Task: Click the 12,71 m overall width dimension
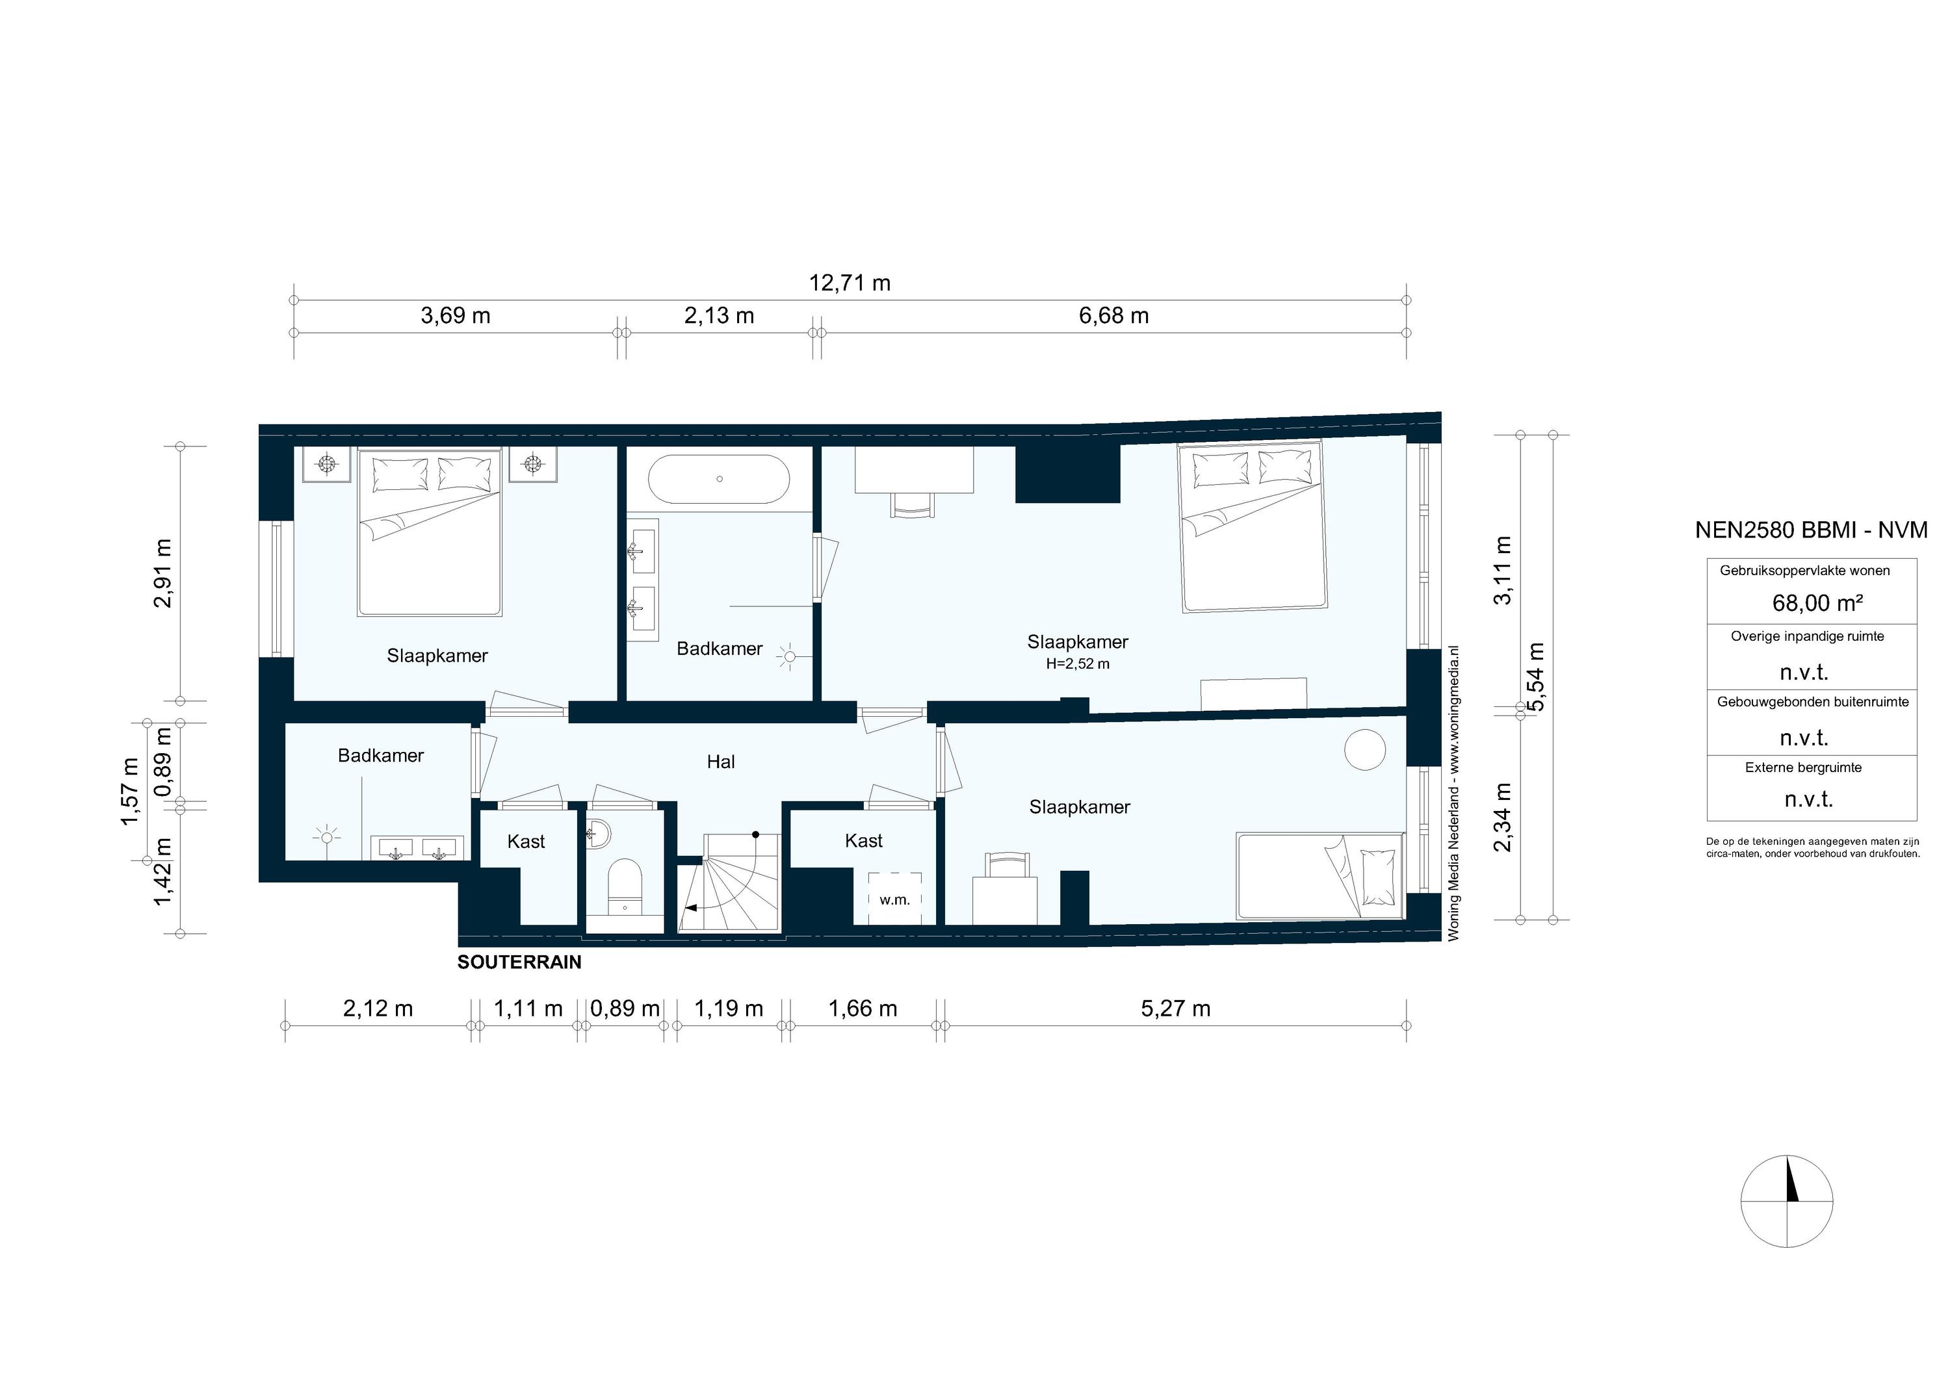850,283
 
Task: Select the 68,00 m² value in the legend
1817,603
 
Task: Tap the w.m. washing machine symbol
894,899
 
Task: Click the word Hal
720,762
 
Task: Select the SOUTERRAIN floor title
519,962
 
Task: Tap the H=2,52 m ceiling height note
1077,664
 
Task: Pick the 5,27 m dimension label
1175,1009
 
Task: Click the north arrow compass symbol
1786,1202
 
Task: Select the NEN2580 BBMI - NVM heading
1811,530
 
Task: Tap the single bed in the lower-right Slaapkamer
1319,875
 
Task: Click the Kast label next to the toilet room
526,842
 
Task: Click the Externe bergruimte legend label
1803,767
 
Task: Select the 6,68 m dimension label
1113,316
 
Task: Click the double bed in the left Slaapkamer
429,532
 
